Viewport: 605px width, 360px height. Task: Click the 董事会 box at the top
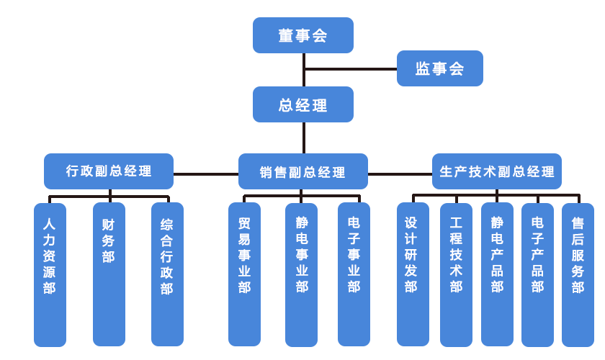point(302,35)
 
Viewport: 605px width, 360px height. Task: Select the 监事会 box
point(439,68)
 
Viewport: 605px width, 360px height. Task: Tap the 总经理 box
point(302,104)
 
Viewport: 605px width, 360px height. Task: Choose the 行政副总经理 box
point(109,171)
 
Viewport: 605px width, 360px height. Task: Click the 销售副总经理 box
point(302,171)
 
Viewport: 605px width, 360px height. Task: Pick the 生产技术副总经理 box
point(496,171)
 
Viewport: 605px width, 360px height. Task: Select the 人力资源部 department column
point(50,274)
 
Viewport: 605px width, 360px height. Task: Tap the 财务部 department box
point(109,274)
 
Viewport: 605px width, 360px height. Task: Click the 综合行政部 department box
point(167,274)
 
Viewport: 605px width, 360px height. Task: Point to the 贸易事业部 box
point(244,274)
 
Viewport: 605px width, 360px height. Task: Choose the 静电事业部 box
point(301,274)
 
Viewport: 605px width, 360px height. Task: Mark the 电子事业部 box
point(354,274)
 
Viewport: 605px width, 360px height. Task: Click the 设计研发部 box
point(412,274)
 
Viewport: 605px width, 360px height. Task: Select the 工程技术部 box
point(456,274)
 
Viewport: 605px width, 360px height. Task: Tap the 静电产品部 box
point(497,274)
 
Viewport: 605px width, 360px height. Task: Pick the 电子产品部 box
point(537,274)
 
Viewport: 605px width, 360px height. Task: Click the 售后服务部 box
point(578,274)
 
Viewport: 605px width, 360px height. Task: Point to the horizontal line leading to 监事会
point(351,70)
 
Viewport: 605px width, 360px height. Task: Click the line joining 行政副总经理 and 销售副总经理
point(206,174)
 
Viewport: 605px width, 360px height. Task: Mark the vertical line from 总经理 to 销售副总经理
point(304,138)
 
